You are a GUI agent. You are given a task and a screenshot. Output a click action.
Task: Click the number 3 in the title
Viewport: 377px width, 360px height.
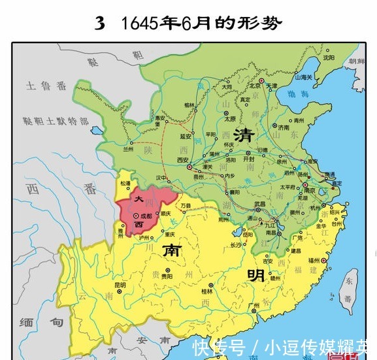pyautogui.click(x=99, y=24)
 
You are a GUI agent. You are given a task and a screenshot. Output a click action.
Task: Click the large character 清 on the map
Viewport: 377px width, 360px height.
pyautogui.click(x=244, y=136)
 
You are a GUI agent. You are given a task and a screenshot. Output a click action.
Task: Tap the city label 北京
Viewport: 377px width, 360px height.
pyautogui.click(x=261, y=86)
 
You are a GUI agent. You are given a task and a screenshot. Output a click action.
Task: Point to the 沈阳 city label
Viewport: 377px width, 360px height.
pyautogui.click(x=333, y=57)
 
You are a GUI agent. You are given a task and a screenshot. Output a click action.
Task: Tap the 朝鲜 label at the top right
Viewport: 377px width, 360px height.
pyautogui.click(x=358, y=61)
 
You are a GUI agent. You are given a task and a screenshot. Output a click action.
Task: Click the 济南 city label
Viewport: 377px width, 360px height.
pyautogui.click(x=283, y=128)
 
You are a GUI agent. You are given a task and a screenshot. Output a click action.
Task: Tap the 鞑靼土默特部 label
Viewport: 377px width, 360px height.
pyautogui.click(x=56, y=121)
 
